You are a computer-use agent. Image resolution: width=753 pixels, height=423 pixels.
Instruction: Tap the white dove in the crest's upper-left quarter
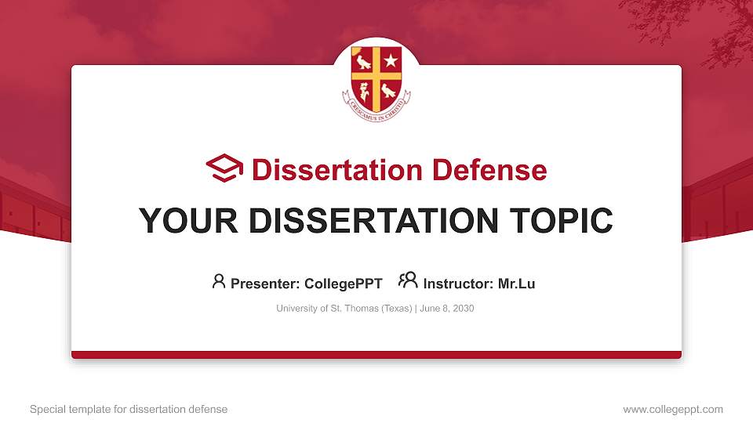[x=362, y=62]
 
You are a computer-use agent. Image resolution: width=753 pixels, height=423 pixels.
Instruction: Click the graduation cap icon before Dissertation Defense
[x=224, y=168]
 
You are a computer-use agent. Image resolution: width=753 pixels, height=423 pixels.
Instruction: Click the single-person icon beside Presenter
[x=219, y=281]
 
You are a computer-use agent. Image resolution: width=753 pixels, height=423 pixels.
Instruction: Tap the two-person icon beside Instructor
[x=408, y=281]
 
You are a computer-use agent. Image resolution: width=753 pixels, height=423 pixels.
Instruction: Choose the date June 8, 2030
[x=447, y=309]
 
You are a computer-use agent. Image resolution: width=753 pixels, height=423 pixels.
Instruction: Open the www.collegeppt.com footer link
[x=673, y=409]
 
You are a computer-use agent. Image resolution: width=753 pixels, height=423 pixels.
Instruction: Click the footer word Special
[x=46, y=409]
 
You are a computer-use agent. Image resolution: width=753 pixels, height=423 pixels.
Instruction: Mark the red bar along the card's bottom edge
[x=376, y=355]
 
